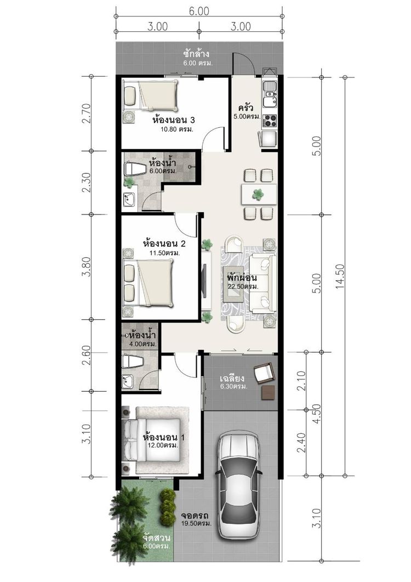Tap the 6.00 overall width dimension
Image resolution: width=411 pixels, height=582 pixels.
[199, 11]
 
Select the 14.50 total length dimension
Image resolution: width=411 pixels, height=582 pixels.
[339, 276]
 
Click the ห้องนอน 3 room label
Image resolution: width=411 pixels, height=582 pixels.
[174, 120]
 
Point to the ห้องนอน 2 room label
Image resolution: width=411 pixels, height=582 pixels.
[164, 244]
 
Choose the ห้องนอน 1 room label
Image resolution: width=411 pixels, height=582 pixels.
[164, 437]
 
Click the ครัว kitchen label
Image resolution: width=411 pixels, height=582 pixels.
[246, 108]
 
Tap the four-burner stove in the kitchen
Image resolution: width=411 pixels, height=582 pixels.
[270, 121]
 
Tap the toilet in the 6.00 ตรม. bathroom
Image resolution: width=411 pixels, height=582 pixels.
[135, 169]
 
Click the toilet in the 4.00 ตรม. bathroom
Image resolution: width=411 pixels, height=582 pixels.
[133, 361]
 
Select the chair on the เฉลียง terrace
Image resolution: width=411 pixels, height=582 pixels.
[265, 372]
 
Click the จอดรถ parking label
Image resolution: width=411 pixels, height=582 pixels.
[195, 516]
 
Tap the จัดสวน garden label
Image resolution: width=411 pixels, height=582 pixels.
[156, 538]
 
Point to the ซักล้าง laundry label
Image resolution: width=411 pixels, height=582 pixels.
[198, 54]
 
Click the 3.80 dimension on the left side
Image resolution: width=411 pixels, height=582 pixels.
[87, 267]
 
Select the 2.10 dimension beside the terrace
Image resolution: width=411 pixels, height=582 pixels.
[301, 381]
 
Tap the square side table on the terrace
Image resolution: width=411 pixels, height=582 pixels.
[268, 392]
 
